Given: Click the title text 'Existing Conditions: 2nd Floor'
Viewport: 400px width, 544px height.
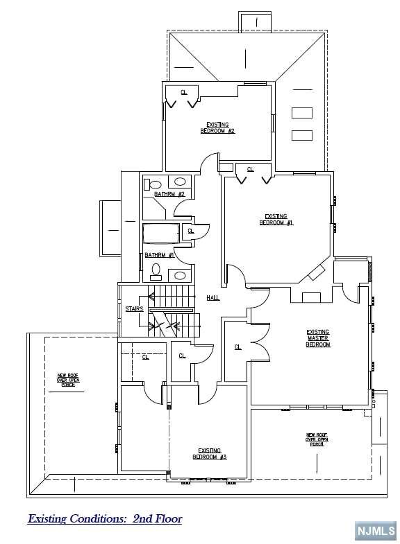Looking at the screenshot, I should (x=105, y=518).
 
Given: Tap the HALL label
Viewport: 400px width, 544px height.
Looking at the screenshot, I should (x=212, y=297).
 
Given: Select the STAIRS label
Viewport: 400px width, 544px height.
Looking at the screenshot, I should (x=134, y=308).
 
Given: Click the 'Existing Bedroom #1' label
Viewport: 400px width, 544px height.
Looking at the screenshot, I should (x=276, y=220).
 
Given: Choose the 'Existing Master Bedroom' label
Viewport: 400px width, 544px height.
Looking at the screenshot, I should (x=318, y=338).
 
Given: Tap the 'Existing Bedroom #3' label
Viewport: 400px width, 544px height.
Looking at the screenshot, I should (x=210, y=454).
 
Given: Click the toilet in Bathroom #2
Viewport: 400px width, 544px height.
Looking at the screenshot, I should (x=153, y=184).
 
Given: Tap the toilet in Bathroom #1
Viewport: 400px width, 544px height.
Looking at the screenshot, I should (x=156, y=271).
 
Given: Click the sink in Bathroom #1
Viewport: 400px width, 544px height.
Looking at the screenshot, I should (x=180, y=275).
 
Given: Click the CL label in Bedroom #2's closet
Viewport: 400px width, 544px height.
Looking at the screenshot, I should (x=184, y=92).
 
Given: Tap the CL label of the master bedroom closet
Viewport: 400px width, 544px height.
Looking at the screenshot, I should (x=237, y=346).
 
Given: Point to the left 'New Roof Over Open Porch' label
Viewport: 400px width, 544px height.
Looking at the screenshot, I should (x=68, y=380).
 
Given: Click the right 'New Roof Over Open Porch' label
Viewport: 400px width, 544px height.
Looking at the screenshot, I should (x=317, y=439).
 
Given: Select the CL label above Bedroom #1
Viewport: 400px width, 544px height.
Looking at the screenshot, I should (x=250, y=169).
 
